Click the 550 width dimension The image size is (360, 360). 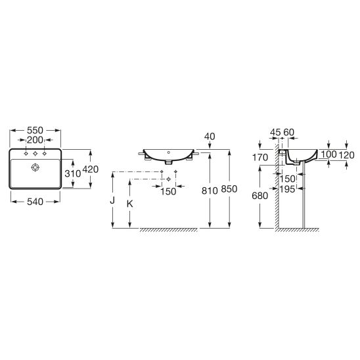pos(35,131)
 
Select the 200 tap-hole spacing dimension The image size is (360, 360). pos(35,140)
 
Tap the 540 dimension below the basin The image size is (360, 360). pos(35,202)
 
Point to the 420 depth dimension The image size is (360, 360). pos(90,169)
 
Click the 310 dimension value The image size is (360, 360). pos(72,173)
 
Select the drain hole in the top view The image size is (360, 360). pos(35,168)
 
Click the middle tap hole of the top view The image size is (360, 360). pos(35,154)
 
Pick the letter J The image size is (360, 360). pos(112,200)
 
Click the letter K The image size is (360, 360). pos(130,204)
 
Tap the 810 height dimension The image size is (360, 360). pos(210,191)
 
